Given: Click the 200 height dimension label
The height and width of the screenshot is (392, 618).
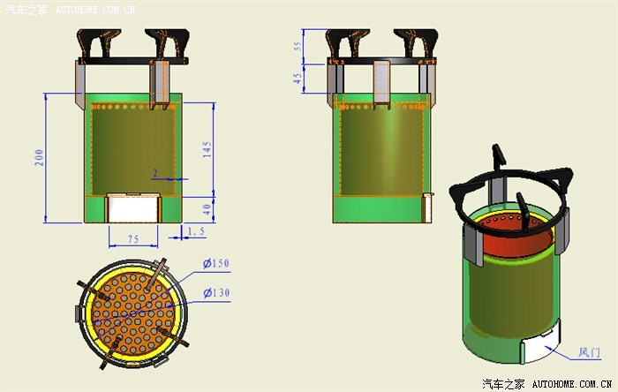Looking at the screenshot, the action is pos(39,157).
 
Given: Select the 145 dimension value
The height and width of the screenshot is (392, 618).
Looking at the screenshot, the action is pos(207,150).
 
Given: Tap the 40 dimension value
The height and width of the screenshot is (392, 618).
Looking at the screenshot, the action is pos(207,209).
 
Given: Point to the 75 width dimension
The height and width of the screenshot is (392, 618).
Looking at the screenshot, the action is pos(133,239).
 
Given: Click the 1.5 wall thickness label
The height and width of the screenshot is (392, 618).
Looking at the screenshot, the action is pos(196,231).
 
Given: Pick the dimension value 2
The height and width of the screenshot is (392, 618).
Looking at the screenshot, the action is pos(155,173).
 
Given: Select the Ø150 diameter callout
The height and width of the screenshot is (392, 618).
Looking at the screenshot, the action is pos(216,263).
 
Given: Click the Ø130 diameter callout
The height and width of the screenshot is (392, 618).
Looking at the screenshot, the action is pos(216,293).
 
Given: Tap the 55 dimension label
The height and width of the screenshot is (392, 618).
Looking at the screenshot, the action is pos(298,46).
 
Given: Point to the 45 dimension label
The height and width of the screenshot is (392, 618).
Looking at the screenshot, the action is pos(298,79).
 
